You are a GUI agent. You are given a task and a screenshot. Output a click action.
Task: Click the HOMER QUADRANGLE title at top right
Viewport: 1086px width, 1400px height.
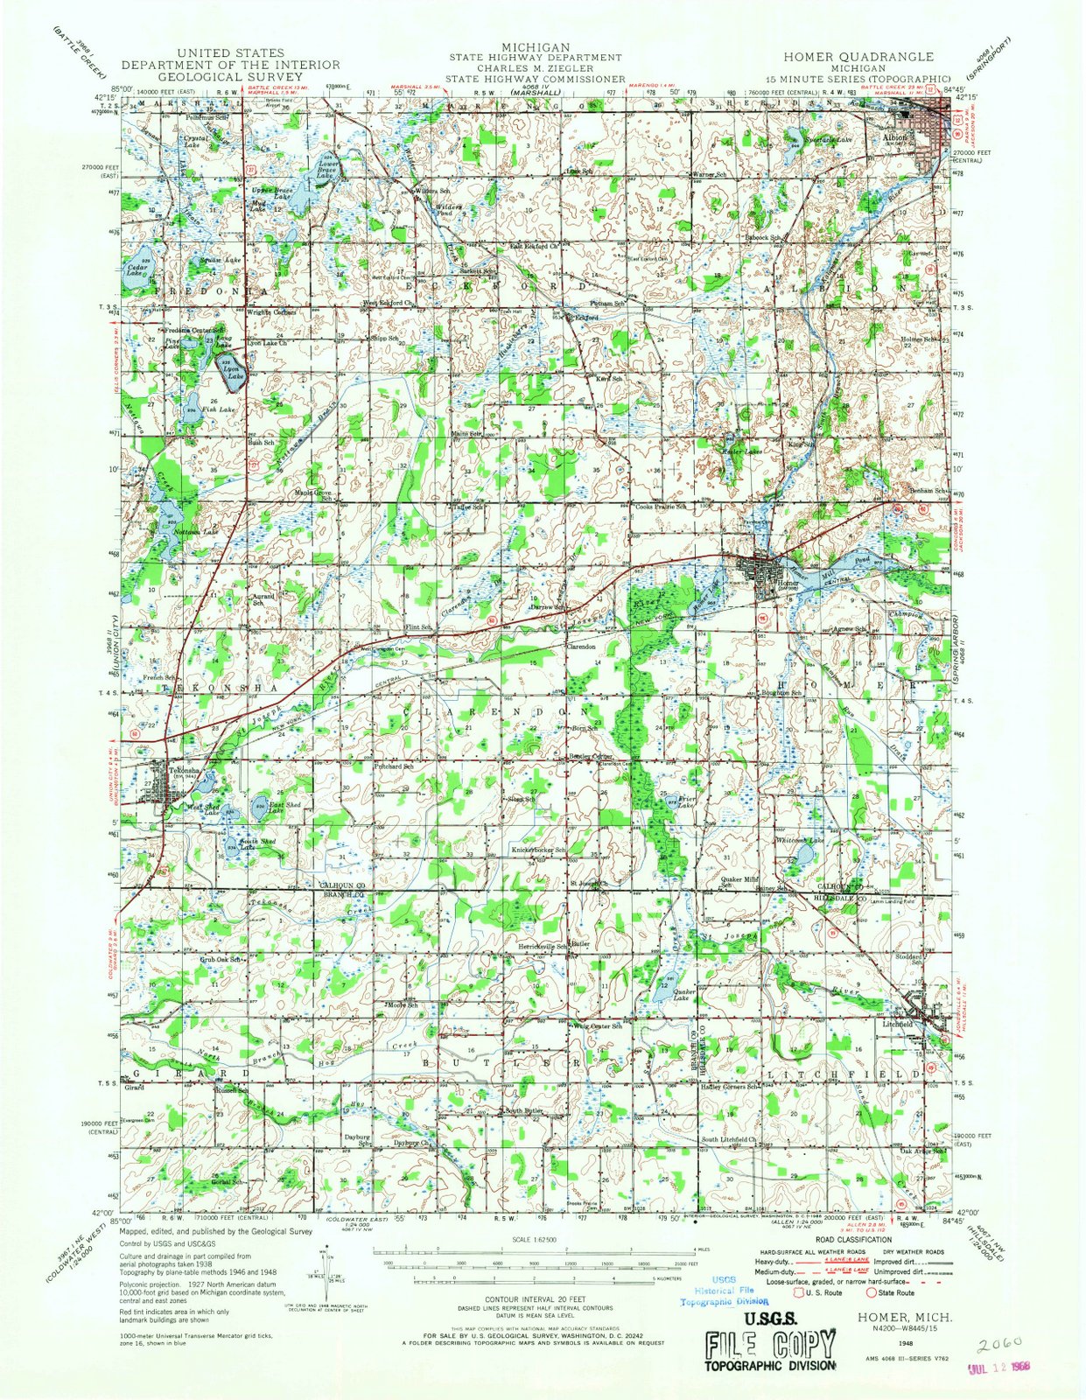858,56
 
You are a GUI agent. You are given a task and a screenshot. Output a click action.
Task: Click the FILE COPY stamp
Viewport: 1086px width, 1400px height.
770,1344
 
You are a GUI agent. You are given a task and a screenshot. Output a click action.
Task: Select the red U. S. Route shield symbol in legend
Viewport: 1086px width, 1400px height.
797,1291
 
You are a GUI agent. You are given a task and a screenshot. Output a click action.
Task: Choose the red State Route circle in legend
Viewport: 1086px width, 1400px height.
872,1291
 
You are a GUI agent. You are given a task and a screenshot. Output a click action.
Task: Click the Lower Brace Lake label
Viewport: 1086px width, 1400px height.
326,170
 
